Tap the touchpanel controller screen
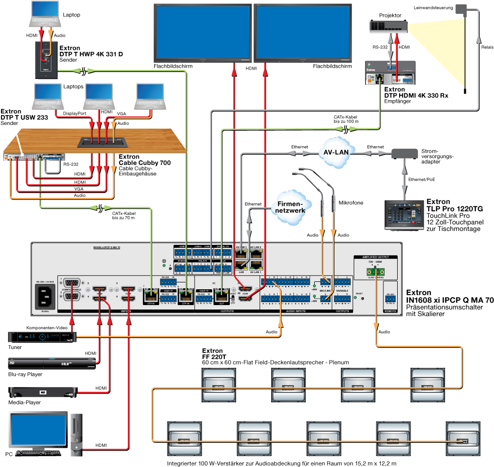click(404, 214)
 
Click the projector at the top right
click(388, 27)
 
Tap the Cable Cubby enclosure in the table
click(103, 142)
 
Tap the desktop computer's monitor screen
click(39, 429)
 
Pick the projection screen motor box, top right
click(460, 8)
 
